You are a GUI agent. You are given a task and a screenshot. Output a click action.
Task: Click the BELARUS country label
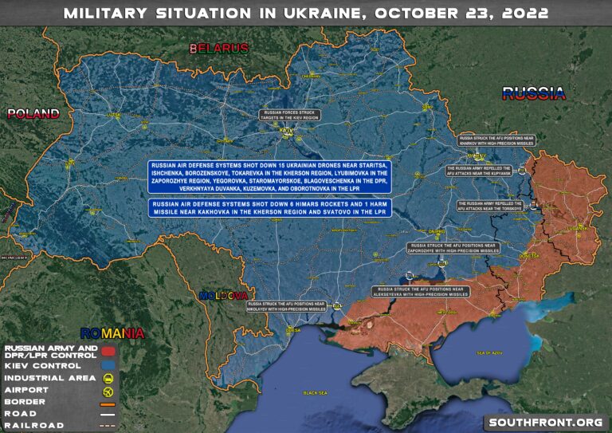[x=219, y=49]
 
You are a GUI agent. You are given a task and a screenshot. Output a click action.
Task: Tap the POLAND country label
[x=33, y=113]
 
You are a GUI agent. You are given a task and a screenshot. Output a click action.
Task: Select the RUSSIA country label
[x=534, y=93]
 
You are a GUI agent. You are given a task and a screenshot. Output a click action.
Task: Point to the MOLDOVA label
[x=223, y=295]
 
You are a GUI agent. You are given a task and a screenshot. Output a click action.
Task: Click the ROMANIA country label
[x=112, y=333]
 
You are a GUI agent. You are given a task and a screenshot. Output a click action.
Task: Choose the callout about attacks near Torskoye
[x=490, y=206]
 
